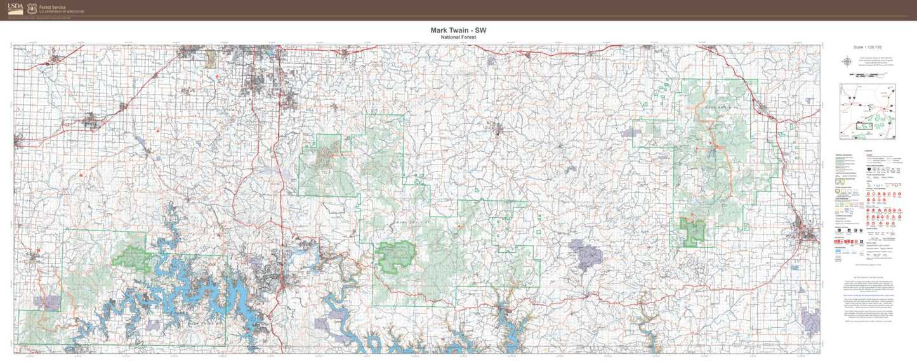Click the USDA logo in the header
coord(15,8)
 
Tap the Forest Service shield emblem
coord(32,9)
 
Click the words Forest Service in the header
coord(52,7)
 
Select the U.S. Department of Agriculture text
coord(61,12)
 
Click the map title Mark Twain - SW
coord(458,30)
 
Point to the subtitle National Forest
coord(458,37)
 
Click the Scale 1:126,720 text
coord(868,47)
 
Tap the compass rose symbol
coord(847,62)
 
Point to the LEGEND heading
coord(868,150)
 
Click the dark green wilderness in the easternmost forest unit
coord(692,230)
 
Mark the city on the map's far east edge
coord(807,232)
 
